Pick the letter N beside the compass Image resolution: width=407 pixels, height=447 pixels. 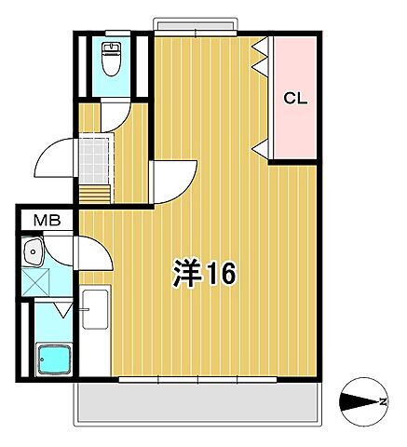tap(383, 403)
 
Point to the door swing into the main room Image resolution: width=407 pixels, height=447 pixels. tap(175, 180)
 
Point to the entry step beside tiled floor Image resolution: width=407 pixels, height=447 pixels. tap(94, 193)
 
